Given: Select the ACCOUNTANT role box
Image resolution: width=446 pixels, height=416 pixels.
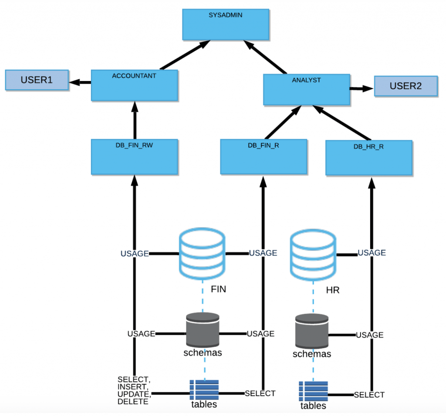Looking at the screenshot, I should pyautogui.click(x=135, y=85).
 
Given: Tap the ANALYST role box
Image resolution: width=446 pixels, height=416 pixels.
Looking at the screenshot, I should pyautogui.click(x=307, y=90).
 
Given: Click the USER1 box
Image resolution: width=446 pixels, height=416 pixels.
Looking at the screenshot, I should pyautogui.click(x=37, y=80).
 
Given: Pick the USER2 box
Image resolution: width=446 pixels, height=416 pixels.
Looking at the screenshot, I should pyautogui.click(x=405, y=86).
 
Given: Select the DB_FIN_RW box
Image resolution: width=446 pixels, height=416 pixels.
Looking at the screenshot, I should pyautogui.click(x=135, y=157).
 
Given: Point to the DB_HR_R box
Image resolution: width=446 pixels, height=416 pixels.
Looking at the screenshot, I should pyautogui.click(x=368, y=158).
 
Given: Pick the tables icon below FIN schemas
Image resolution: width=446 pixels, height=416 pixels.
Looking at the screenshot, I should pyautogui.click(x=203, y=389).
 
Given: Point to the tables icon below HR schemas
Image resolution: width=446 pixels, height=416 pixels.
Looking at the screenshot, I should pyautogui.click(x=313, y=391).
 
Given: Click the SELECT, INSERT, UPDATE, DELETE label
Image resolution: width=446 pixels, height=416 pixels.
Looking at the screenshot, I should pyautogui.click(x=134, y=390).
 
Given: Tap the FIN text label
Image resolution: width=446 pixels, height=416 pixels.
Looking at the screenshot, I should pyautogui.click(x=218, y=289).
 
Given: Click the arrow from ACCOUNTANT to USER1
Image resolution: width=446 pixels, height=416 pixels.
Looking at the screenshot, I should pyautogui.click(x=80, y=82).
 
